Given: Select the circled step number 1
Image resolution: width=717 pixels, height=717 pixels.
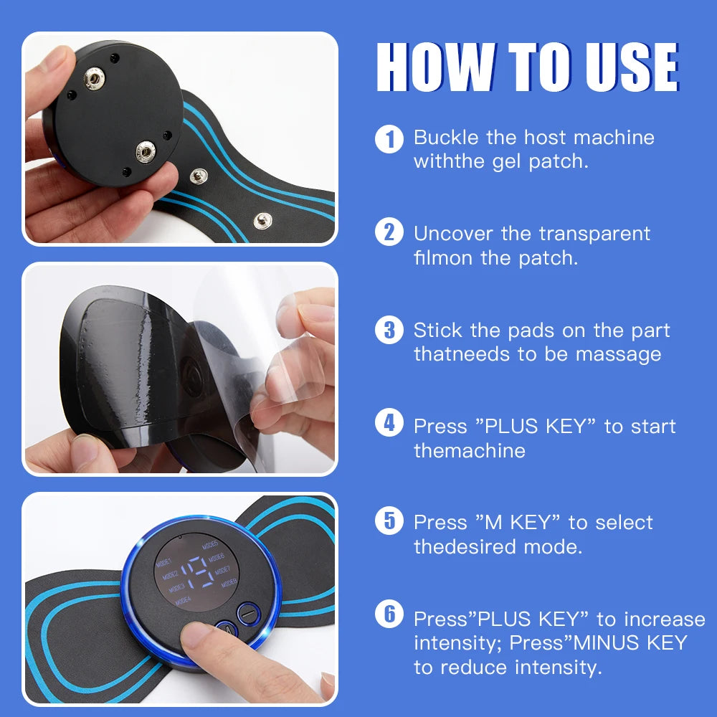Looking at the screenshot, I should point(389,138).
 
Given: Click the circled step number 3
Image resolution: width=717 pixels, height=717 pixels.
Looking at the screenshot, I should point(389,330).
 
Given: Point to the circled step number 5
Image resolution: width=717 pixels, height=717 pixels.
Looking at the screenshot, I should point(389,521).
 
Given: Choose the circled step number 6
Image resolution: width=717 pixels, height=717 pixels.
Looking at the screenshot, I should point(389,614).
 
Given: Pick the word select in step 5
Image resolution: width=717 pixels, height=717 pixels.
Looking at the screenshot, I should point(624,522).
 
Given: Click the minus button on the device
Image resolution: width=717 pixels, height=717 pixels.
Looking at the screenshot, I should point(246,613).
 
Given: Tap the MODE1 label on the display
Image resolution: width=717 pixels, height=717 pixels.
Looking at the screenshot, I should point(166,561).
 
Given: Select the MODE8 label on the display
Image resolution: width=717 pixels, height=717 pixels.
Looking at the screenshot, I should point(229,583).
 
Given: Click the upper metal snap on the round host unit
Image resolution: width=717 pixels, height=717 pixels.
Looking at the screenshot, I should point(92,80).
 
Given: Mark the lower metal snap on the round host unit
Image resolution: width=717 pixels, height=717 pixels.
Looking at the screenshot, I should point(146,151).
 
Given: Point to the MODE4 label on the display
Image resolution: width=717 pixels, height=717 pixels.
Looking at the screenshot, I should point(182,599).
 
